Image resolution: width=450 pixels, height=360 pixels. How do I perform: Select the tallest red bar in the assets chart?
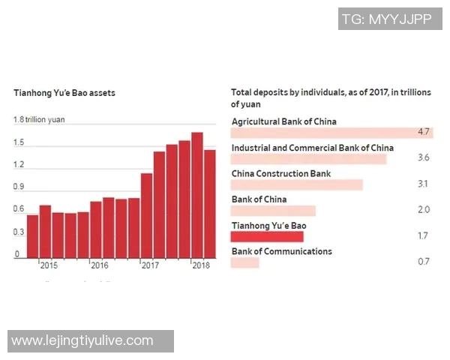197,195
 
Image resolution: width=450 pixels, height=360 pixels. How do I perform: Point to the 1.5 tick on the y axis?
19,142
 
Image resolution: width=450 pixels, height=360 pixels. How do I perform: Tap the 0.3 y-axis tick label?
19,232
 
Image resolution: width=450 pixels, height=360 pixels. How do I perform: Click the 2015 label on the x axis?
49,265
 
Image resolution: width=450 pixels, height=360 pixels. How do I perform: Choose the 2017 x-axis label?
150,265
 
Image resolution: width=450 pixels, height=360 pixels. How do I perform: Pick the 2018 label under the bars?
201,265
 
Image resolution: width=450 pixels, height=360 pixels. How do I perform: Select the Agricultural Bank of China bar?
332,133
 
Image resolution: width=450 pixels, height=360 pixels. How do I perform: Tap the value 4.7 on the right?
423,133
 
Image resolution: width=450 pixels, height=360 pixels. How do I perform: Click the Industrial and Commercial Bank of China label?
313,148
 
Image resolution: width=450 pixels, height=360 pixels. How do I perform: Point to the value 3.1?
423,184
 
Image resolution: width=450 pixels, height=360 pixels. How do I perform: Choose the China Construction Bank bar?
297,184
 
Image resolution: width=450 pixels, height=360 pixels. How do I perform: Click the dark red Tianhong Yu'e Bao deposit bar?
268,236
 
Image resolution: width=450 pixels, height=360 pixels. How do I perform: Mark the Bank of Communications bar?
245,262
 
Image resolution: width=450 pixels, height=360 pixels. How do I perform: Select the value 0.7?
423,262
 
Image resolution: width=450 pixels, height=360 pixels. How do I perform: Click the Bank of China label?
259,199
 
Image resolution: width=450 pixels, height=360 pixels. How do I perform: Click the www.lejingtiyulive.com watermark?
82,341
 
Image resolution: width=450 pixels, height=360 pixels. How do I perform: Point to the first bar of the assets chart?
32,236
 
